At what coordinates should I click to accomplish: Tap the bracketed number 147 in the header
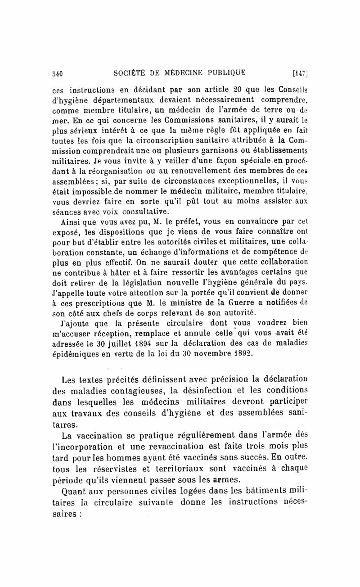[x=299, y=72]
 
